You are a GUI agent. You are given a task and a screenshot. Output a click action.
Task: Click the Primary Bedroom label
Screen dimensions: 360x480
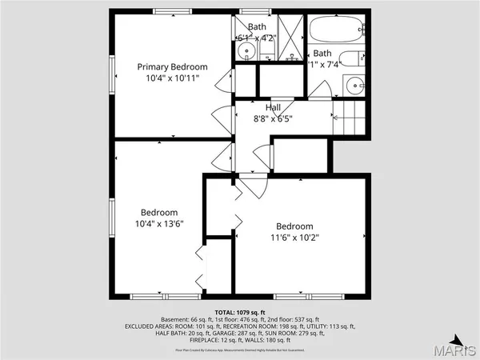tap(172, 66)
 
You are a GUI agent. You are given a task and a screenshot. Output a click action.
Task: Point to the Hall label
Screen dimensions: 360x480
tap(273, 107)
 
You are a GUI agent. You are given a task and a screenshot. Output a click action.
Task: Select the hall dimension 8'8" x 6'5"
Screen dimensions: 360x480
tap(273, 118)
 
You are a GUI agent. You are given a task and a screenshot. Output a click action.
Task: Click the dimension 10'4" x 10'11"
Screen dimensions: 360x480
tap(172, 78)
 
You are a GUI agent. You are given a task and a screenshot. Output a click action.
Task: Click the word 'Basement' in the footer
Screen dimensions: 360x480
tap(175, 319)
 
